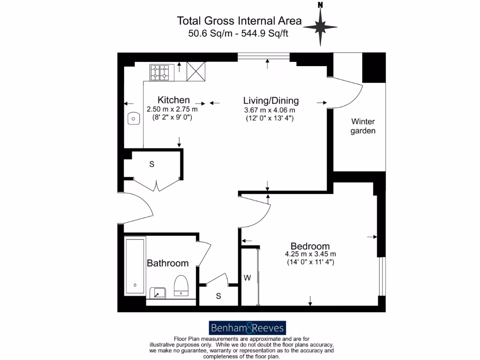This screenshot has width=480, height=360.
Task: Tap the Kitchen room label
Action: (173, 100)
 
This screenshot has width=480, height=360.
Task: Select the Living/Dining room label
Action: (270, 100)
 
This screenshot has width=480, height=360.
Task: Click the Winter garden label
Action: (363, 126)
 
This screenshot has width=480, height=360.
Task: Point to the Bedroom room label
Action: (310, 246)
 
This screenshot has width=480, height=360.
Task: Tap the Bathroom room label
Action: (168, 263)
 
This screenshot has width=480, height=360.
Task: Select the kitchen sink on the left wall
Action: (134, 119)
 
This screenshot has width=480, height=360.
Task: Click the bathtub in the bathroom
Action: (135, 266)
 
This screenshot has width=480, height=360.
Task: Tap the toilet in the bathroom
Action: (181, 285)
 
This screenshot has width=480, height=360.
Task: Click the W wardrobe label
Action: (247, 277)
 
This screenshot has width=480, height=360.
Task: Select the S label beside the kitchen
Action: (151, 164)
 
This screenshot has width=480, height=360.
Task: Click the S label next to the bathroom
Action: (218, 296)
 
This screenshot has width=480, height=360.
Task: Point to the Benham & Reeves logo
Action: (247, 327)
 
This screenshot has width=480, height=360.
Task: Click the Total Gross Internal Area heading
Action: (239, 21)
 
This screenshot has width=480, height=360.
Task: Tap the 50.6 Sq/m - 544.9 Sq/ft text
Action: (239, 33)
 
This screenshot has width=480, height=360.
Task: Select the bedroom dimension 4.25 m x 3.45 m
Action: (310, 255)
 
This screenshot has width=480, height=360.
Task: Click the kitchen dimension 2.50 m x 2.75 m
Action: (172, 109)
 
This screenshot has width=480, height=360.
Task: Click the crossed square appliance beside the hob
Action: (196, 72)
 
